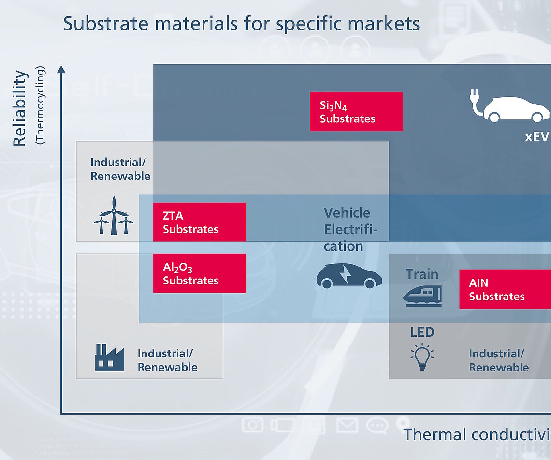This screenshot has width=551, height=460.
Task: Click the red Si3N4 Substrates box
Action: [356, 111]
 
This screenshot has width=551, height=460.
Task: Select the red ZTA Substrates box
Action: [199, 222]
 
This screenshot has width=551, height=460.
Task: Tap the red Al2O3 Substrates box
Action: [199, 273]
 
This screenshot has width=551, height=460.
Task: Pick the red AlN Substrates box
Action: [505, 289]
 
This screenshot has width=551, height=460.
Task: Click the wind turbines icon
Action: [114, 216]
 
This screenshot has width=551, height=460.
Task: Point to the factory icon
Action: [109, 357]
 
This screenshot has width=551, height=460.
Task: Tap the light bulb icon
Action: [422, 357]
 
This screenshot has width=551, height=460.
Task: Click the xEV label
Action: [536, 137]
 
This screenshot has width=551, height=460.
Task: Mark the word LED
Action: [422, 332]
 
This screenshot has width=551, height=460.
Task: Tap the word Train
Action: [422, 274]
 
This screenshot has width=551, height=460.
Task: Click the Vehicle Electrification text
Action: [350, 229]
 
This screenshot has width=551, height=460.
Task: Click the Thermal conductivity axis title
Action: [477, 434]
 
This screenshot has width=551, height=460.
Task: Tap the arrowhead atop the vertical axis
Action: [61, 69]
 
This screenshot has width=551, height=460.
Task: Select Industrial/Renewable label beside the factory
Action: [167, 360]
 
